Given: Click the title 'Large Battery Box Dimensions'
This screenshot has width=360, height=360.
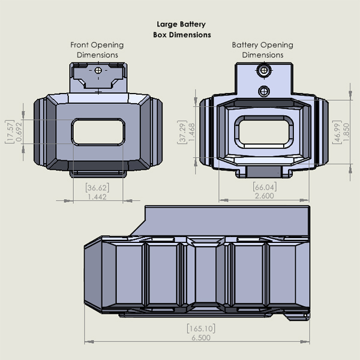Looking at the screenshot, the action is click(x=182, y=29).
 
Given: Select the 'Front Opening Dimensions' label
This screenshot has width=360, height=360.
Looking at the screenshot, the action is click(x=97, y=50).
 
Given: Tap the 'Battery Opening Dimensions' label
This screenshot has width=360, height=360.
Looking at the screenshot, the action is click(x=262, y=50).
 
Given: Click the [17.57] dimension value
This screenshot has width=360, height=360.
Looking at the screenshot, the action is click(x=10, y=131).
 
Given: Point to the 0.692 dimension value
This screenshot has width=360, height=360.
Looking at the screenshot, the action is click(x=19, y=132).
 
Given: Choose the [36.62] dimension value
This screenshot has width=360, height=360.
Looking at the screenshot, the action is click(x=97, y=188).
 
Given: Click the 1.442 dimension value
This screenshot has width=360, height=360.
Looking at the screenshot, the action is click(x=97, y=197).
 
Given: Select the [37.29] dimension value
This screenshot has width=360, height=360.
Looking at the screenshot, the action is click(x=182, y=132).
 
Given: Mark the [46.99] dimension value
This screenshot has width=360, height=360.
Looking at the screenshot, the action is click(x=337, y=132).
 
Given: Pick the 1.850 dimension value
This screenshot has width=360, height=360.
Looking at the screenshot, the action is click(x=346, y=132).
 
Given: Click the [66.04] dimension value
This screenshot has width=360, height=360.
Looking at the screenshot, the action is click(x=265, y=187).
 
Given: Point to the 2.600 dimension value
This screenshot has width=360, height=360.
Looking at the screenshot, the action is click(x=265, y=196).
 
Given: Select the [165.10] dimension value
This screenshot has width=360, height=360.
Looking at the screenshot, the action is click(x=201, y=328).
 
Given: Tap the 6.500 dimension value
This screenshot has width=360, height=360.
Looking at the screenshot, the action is click(x=201, y=338).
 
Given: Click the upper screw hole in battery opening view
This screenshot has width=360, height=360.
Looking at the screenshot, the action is click(x=264, y=70).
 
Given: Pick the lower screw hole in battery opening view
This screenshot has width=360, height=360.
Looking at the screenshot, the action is click(x=264, y=91).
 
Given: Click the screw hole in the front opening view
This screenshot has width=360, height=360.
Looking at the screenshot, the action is click(x=98, y=70).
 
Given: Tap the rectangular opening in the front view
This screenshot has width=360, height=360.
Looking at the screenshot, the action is click(x=98, y=132).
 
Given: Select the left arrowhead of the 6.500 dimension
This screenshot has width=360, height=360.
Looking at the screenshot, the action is click(x=89, y=342).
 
